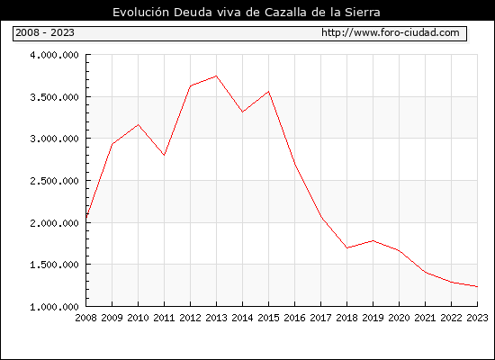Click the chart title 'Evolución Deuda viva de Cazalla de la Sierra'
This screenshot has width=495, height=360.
pyautogui.click(x=247, y=13)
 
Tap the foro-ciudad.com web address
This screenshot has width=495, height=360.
pyautogui.click(x=391, y=32)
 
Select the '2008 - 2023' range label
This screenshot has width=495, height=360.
pyautogui.click(x=45, y=32)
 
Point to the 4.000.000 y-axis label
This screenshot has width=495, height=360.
pyautogui.click(x=54, y=55)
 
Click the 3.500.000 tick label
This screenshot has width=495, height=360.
pyautogui.click(x=54, y=97)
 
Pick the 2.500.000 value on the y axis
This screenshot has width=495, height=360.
pyautogui.click(x=54, y=181)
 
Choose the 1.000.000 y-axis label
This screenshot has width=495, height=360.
pyautogui.click(x=54, y=307)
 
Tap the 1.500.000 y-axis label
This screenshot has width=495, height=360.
pyautogui.click(x=54, y=265)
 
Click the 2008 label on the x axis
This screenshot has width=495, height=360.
pyautogui.click(x=85, y=318)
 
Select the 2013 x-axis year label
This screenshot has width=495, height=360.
pyautogui.click(x=216, y=318)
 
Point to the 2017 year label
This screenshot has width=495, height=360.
pyautogui.click(x=320, y=318)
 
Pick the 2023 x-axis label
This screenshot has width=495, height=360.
pyautogui.click(x=477, y=318)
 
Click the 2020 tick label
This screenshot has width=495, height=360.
pyautogui.click(x=399, y=318)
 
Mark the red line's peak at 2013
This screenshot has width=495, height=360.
pyautogui.click(x=216, y=76)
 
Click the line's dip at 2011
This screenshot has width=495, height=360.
pyautogui.click(x=164, y=155)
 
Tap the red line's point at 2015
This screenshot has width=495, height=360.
pyautogui.click(x=269, y=92)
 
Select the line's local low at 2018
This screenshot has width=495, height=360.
pyautogui.click(x=346, y=247)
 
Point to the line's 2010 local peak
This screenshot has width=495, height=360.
pyautogui.click(x=138, y=125)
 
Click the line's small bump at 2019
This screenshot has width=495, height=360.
pyautogui.click(x=373, y=241)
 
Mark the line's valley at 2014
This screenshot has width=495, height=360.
pyautogui.click(x=242, y=112)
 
